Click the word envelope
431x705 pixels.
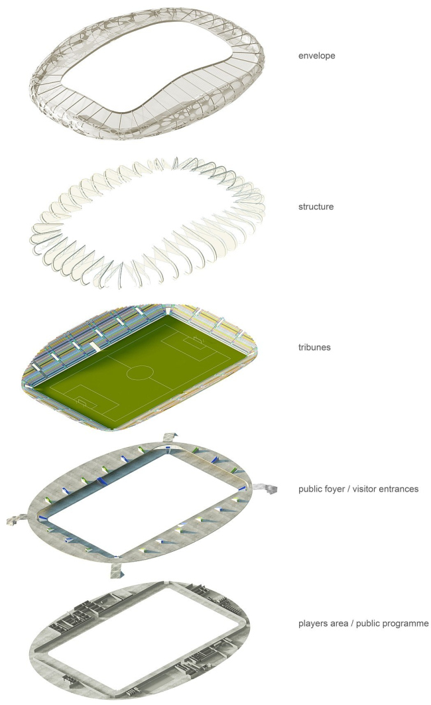tap(316, 56)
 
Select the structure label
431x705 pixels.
tap(316, 207)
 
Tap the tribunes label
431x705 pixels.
tap(314, 347)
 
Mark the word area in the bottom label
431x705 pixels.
tap(339, 623)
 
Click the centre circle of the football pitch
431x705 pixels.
tap(140, 373)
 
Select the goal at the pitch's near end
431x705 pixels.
tap(82, 401)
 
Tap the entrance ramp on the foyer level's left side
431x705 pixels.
tap(18, 519)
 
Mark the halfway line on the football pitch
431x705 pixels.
tap(140, 373)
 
